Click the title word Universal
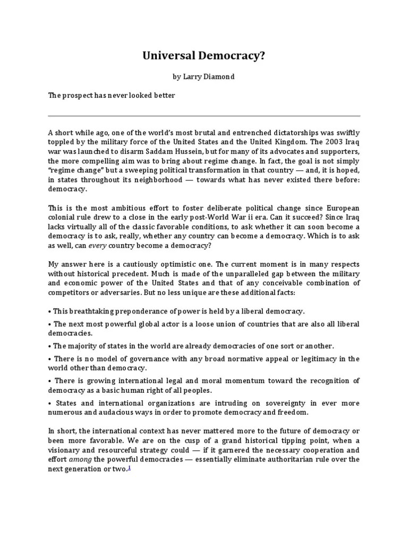pos(164,55)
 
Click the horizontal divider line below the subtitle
pos(204,115)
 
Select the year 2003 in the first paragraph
pos(319,142)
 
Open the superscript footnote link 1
pos(130,467)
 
